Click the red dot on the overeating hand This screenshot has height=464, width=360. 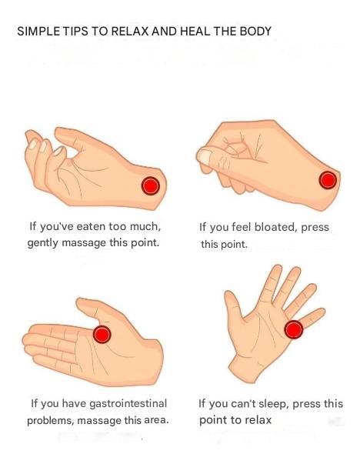[x=151, y=185]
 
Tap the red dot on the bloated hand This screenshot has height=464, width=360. [x=328, y=180]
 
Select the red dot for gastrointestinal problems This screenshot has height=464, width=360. [x=102, y=335]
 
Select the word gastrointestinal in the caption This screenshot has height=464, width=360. [x=128, y=403]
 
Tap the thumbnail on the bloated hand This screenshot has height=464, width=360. [x=205, y=157]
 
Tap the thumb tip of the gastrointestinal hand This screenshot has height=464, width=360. [x=79, y=302]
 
